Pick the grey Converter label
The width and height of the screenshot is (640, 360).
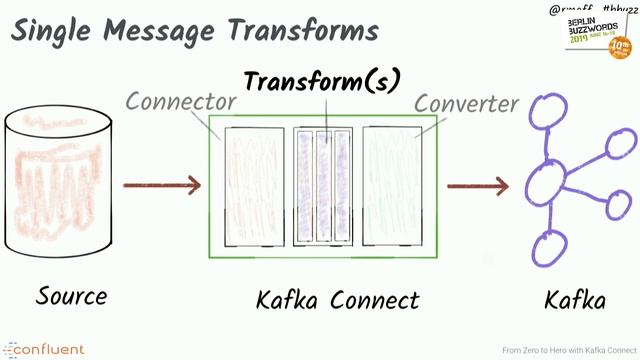point(466,103)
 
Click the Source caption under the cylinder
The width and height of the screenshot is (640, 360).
point(71,296)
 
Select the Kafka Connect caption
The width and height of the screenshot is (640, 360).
point(337,299)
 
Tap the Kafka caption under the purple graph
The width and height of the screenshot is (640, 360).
point(574,299)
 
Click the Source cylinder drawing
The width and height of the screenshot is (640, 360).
point(55,186)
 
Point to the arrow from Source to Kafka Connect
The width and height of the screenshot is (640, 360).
point(162,185)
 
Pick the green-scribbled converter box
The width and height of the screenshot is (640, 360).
point(392,186)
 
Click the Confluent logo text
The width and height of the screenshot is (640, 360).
point(50,349)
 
